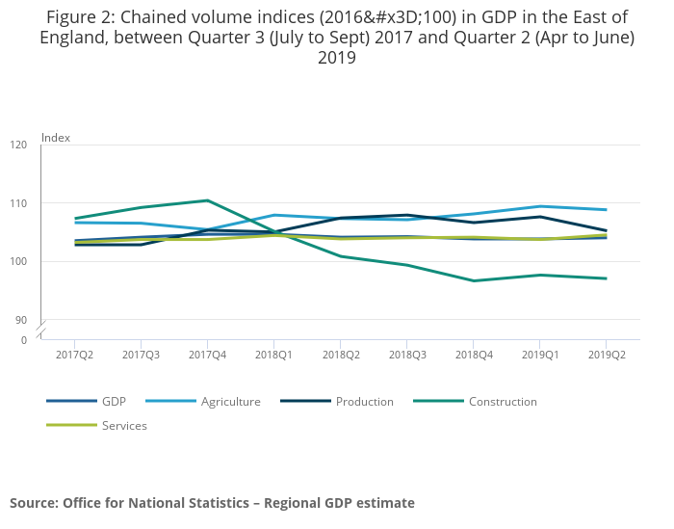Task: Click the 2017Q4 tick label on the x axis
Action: click(207, 355)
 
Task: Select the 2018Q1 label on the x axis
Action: click(273, 355)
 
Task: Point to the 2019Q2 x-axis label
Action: click(606, 355)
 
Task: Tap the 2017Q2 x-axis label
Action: click(74, 355)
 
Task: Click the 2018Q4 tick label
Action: click(473, 355)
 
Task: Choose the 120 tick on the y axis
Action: click(19, 145)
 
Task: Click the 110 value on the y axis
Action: click(19, 203)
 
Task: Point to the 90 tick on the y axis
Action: click(21, 320)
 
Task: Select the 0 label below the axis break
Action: click(24, 340)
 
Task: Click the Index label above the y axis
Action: click(56, 138)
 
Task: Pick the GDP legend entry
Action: click(114, 402)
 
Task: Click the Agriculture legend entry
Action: click(230, 402)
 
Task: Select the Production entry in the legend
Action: click(364, 402)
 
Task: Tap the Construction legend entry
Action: click(503, 402)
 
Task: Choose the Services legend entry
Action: click(124, 425)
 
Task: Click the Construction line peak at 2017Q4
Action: click(207, 200)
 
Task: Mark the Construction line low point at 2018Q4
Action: click(473, 280)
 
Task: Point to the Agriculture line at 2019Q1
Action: click(539, 206)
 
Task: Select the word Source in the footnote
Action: click(34, 503)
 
